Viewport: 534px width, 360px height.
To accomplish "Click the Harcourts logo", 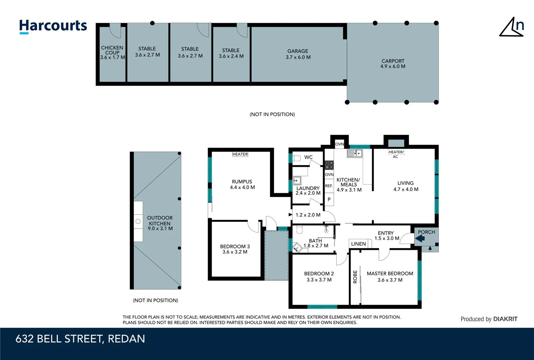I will tap(53, 26).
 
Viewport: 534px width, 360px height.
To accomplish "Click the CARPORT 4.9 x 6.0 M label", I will tap(393, 64).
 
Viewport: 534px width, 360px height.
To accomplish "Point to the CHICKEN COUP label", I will tap(112, 50).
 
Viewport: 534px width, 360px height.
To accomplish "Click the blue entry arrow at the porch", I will tap(420, 238).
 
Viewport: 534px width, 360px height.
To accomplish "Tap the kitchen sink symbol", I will tap(355, 153).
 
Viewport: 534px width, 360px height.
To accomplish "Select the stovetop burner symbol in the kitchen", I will tap(329, 165).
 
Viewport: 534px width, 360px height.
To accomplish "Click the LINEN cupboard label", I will tap(358, 244).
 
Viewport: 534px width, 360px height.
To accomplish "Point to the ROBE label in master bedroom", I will tap(355, 277).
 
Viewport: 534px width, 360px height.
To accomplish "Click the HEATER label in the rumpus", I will tap(240, 154).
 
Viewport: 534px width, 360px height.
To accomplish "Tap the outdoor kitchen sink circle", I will tap(138, 221).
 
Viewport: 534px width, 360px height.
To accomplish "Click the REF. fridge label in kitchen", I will tap(329, 186).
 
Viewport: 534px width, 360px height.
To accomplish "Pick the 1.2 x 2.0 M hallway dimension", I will tap(308, 215).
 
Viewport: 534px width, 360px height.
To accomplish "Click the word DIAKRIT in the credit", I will tap(505, 319).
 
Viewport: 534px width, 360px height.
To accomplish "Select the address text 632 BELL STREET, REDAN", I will tap(80, 339).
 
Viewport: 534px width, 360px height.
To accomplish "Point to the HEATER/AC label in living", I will tap(396, 154).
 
